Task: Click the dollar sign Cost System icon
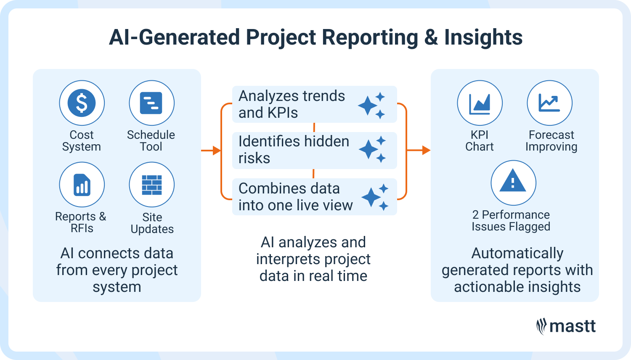click(x=82, y=103)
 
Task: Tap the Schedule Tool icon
click(x=151, y=103)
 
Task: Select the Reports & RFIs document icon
click(x=82, y=185)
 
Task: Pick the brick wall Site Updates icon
click(x=151, y=185)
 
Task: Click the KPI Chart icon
click(x=480, y=103)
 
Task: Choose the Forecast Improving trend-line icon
click(x=549, y=103)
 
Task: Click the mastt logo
click(x=566, y=326)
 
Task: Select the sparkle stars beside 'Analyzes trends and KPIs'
click(x=372, y=105)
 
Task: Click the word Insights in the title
click(x=483, y=37)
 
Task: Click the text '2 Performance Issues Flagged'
click(x=511, y=220)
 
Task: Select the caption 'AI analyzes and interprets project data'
click(x=313, y=259)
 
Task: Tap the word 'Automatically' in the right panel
click(x=517, y=254)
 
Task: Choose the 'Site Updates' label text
click(x=152, y=223)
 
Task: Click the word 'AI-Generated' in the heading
click(x=174, y=37)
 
